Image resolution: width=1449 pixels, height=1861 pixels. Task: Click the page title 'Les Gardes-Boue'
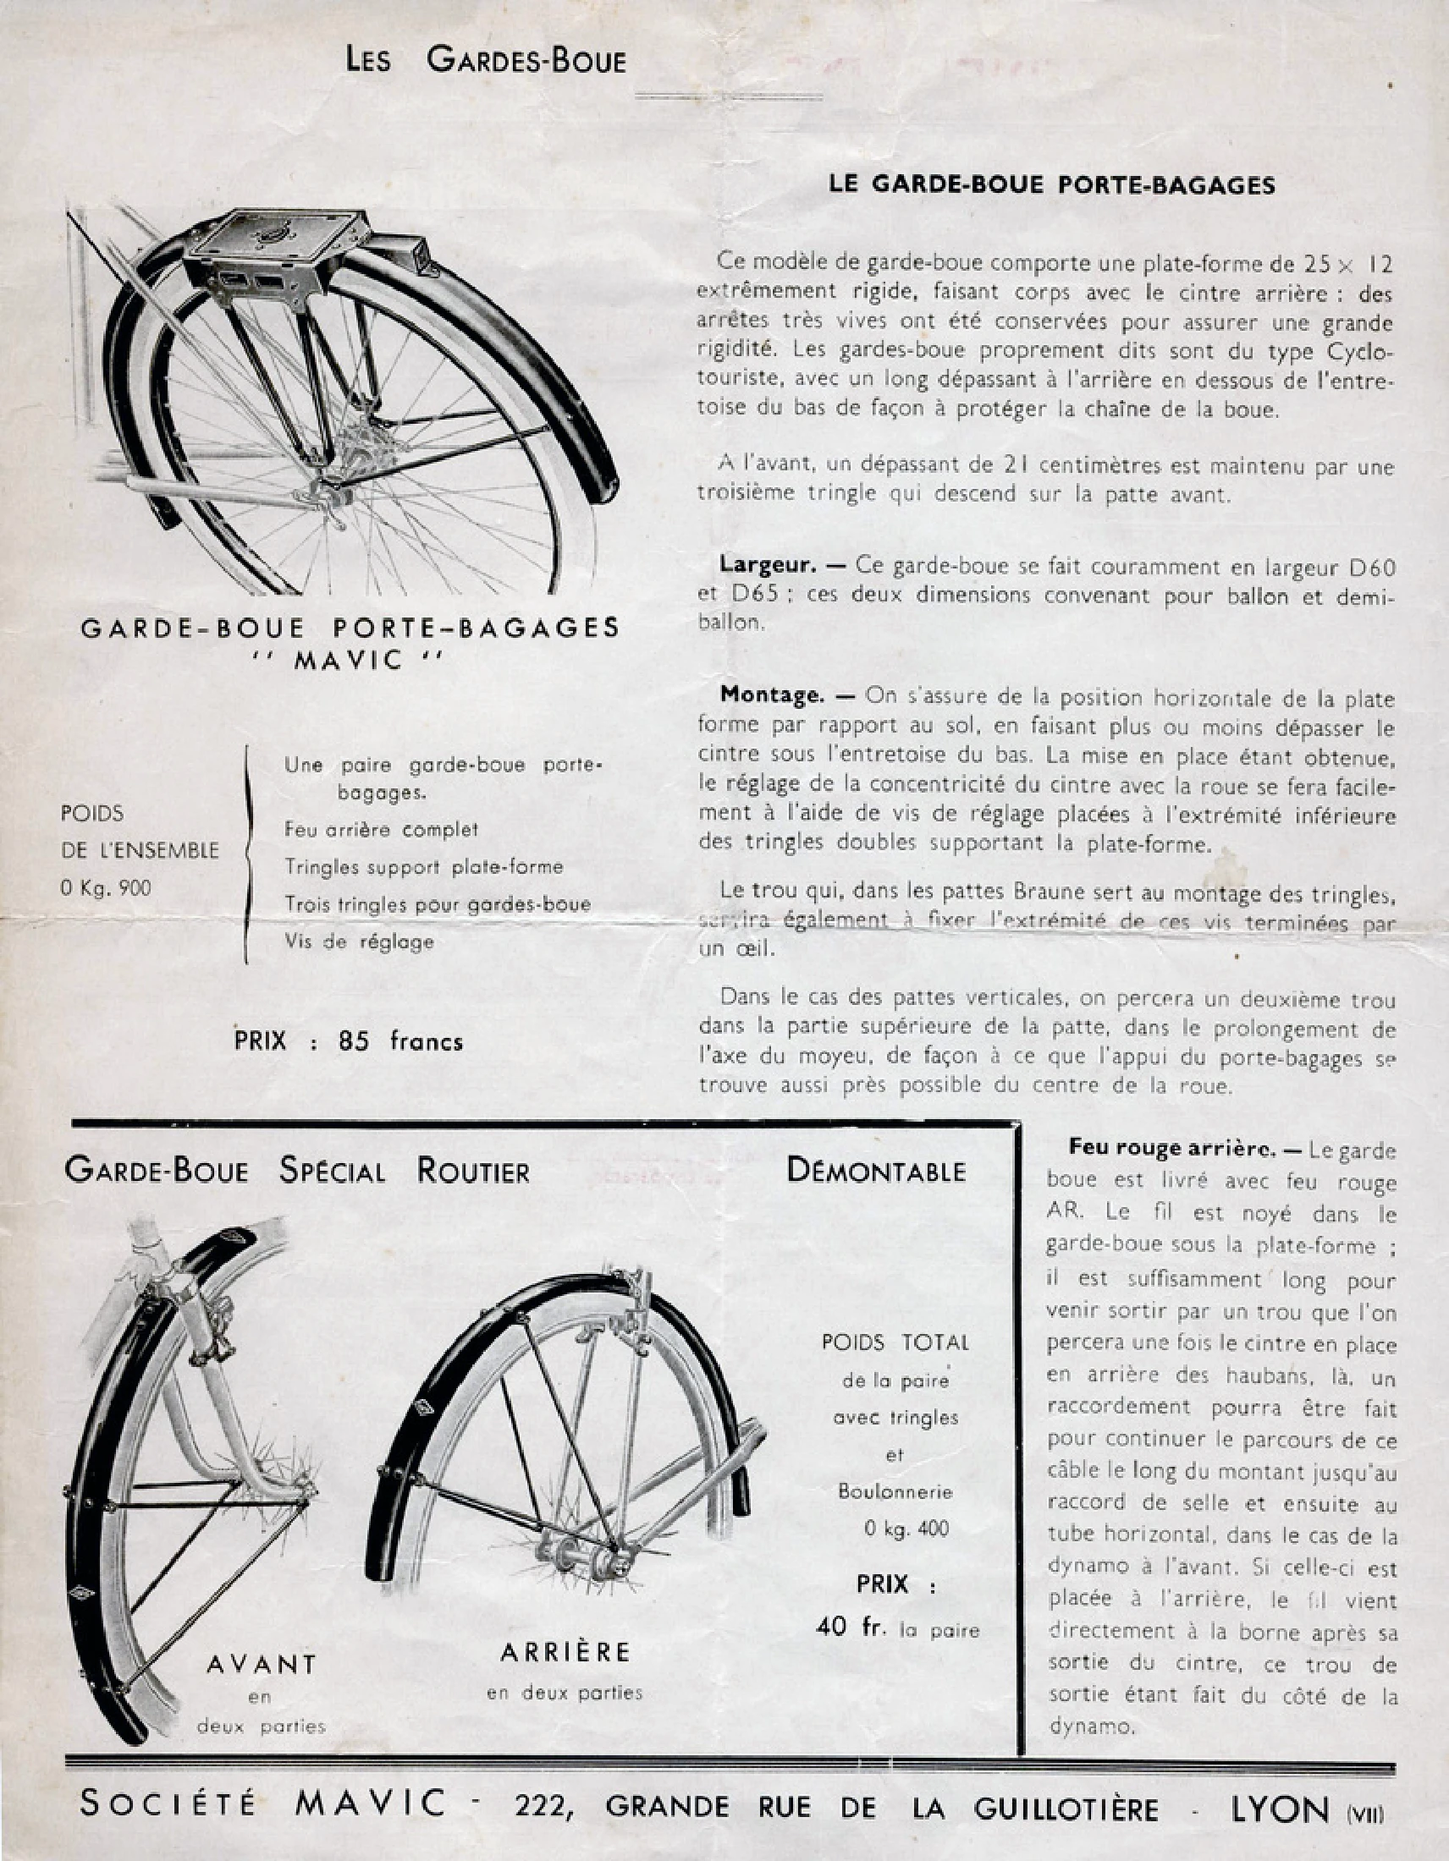[485, 61]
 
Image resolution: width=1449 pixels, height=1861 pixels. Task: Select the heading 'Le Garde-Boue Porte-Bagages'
[1052, 185]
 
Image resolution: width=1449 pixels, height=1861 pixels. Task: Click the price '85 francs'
[399, 1041]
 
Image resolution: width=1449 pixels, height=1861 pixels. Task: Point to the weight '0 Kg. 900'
[106, 888]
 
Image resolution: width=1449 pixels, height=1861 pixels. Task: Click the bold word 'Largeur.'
[768, 564]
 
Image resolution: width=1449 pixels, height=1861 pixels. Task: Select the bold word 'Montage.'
[772, 694]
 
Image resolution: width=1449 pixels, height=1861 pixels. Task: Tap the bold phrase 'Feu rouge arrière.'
[1172, 1149]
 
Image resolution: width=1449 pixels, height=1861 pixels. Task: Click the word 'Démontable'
[876, 1171]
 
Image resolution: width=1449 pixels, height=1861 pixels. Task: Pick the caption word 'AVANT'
[262, 1663]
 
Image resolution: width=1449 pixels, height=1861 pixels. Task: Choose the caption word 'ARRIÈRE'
[565, 1651]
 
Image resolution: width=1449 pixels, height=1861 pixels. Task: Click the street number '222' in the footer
[540, 1804]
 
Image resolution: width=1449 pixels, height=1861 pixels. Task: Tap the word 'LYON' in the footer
[1280, 1804]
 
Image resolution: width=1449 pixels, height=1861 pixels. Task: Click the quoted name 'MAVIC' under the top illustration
[349, 661]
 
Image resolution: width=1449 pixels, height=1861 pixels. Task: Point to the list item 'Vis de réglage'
[359, 941]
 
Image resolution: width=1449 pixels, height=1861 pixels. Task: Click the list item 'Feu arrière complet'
[381, 829]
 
